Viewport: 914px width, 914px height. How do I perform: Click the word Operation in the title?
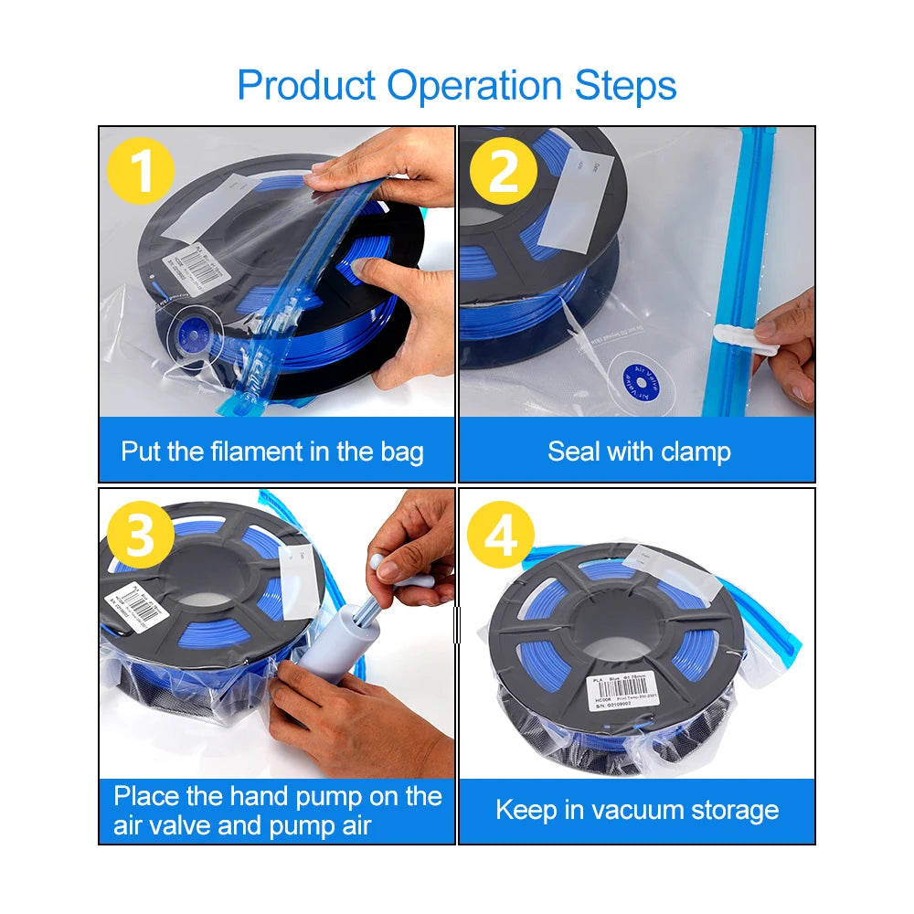[476, 87]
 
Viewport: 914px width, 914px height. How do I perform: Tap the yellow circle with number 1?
[140, 170]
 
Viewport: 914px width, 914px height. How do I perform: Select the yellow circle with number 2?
[504, 170]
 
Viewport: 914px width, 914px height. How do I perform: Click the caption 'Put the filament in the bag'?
[272, 452]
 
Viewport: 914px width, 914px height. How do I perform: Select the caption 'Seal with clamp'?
[639, 452]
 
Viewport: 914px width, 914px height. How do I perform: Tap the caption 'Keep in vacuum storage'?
[637, 810]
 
